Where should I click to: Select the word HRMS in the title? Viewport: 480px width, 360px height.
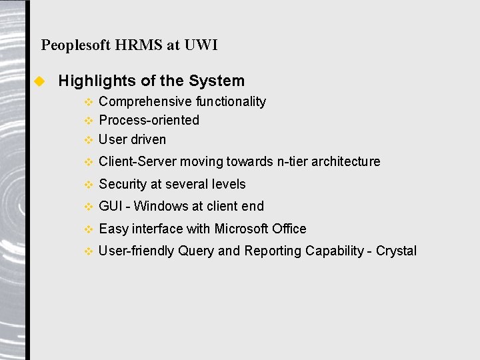click(139, 45)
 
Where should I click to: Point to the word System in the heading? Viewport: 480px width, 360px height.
click(217, 81)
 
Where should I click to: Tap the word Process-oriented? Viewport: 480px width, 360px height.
click(149, 120)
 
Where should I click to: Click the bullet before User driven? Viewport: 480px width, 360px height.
click(88, 140)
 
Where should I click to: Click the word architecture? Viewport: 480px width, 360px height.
click(347, 161)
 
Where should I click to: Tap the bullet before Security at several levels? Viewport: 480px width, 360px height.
click(88, 185)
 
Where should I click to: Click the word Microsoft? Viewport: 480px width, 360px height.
click(241, 229)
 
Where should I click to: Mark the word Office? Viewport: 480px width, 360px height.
click(289, 229)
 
